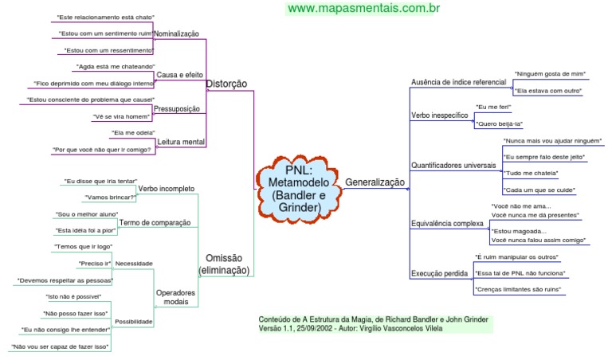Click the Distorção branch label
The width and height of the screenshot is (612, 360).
click(226, 84)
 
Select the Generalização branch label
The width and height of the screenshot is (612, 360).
click(375, 182)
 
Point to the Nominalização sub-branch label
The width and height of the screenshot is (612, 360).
click(176, 33)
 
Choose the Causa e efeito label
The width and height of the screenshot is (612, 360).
click(179, 75)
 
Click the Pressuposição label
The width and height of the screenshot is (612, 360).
click(176, 108)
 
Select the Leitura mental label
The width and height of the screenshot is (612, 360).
click(181, 142)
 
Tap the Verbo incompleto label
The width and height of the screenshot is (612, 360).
click(166, 189)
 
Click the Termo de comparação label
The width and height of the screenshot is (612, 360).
click(156, 222)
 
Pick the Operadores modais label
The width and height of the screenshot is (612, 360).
click(175, 297)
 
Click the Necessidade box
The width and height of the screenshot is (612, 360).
click(134, 263)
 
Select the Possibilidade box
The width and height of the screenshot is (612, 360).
click(134, 322)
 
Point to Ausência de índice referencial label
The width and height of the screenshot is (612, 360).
click(458, 82)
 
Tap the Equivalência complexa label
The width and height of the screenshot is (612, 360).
click(447, 224)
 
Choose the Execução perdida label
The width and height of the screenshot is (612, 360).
click(439, 273)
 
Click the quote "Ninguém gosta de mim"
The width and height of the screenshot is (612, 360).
click(551, 73)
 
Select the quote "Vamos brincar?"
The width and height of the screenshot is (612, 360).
click(108, 197)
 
